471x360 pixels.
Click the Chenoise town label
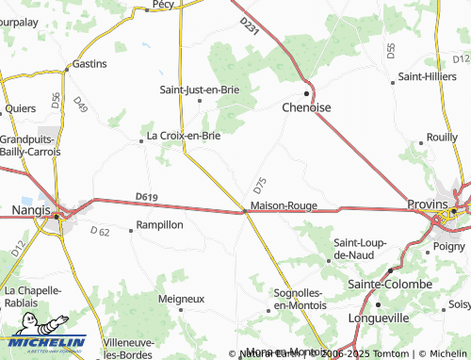tap(307, 108)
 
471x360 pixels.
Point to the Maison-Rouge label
tap(284, 205)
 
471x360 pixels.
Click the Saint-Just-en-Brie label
tap(200, 90)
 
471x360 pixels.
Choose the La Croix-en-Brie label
tap(184, 137)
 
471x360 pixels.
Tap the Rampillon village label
tap(159, 225)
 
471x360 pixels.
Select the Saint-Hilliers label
tap(428, 76)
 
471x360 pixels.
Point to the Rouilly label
tap(442, 137)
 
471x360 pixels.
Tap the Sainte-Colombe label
tap(390, 284)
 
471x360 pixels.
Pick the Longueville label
tap(378, 318)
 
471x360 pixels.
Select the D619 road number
tap(145, 196)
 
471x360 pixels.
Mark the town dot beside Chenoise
tap(307, 93)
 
